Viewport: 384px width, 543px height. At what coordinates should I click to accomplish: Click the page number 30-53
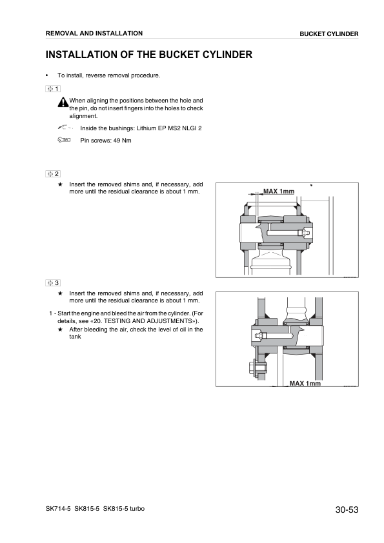click(347, 510)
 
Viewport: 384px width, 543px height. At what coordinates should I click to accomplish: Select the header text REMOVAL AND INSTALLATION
click(94, 33)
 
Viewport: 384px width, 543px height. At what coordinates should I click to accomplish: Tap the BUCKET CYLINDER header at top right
click(328, 34)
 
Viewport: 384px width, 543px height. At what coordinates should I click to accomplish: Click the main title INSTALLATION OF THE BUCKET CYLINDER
click(148, 55)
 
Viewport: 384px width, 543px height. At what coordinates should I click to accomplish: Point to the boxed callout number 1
click(53, 88)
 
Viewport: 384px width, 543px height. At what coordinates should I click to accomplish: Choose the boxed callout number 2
click(53, 174)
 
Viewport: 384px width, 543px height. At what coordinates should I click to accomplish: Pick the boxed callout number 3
click(53, 282)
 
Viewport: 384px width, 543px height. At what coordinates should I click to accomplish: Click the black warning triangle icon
click(63, 102)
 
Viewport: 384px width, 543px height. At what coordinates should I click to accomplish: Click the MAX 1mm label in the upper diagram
click(279, 192)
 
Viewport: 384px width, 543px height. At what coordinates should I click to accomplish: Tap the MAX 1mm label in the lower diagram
click(305, 383)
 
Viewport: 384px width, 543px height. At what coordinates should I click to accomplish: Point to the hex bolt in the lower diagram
click(253, 368)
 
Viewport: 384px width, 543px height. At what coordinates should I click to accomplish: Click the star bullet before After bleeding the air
click(60, 329)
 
